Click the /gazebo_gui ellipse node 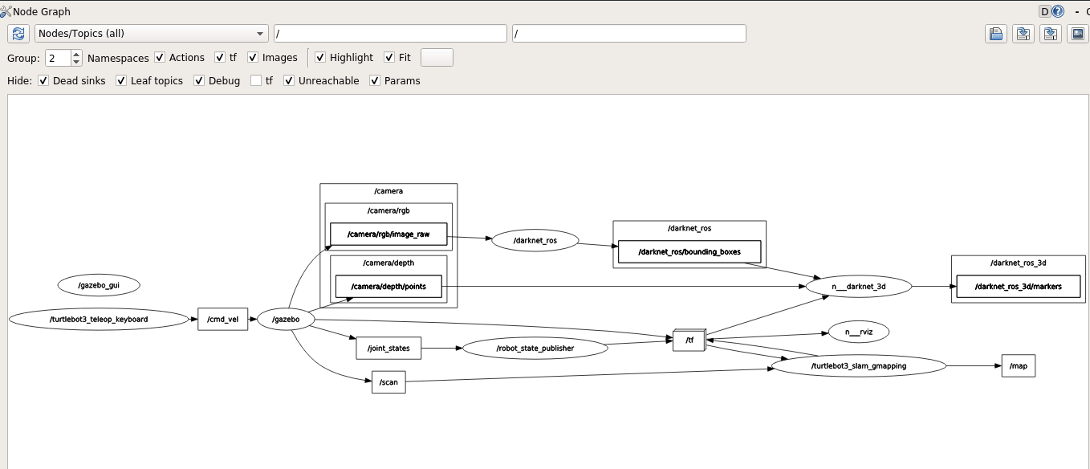click(x=99, y=285)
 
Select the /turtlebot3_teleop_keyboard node click(x=98, y=319)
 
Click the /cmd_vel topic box click(x=222, y=319)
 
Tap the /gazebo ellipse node click(x=285, y=319)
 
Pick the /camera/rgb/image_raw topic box click(x=388, y=234)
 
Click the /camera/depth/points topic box click(x=388, y=287)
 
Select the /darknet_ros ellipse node click(x=535, y=240)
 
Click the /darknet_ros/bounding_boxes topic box click(x=689, y=251)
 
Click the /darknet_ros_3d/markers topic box click(x=1018, y=287)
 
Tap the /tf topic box click(x=689, y=341)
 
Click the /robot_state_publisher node click(x=535, y=348)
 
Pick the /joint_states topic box click(x=388, y=348)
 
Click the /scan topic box click(x=388, y=382)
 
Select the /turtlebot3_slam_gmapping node click(x=858, y=365)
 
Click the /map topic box click(x=1018, y=365)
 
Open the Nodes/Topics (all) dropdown click(x=152, y=34)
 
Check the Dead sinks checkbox click(x=44, y=81)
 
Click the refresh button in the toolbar click(x=18, y=34)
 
